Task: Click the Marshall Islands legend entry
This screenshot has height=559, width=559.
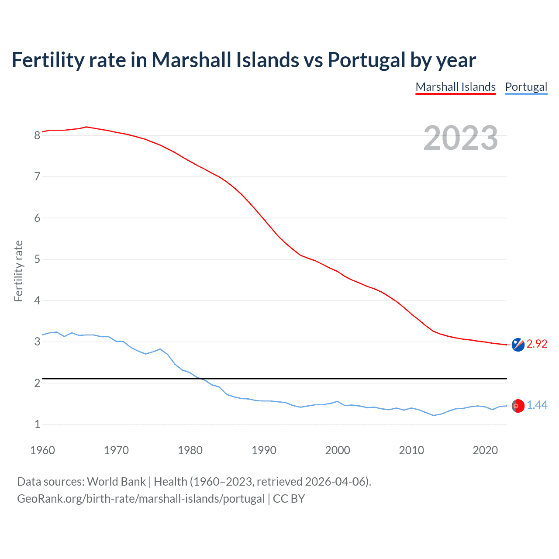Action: pos(455,87)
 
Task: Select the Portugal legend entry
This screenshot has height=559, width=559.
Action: pos(526,87)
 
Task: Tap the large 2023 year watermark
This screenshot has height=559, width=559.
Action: pos(461,138)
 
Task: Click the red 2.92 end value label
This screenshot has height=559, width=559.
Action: pos(537,344)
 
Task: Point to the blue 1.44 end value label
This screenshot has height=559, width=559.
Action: pos(537,405)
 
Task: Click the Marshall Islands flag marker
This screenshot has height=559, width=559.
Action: pos(518,345)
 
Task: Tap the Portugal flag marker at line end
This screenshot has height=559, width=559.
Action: pos(518,406)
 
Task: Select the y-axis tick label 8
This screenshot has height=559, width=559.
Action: pos(37,135)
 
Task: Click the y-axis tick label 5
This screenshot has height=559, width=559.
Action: pos(37,259)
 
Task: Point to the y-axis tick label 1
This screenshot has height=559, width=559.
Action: pos(37,424)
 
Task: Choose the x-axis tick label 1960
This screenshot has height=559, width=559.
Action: pos(42,450)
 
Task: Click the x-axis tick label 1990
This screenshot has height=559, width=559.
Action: pos(264,450)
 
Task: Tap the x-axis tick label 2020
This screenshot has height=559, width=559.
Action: pos(485,450)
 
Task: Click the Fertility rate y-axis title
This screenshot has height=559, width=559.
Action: pos(18,271)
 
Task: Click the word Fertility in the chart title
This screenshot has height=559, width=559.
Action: pos(48,60)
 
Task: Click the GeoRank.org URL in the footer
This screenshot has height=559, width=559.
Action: pos(141,499)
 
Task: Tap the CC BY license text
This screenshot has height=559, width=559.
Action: pos(289,499)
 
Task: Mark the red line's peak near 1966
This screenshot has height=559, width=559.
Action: pos(86,127)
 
